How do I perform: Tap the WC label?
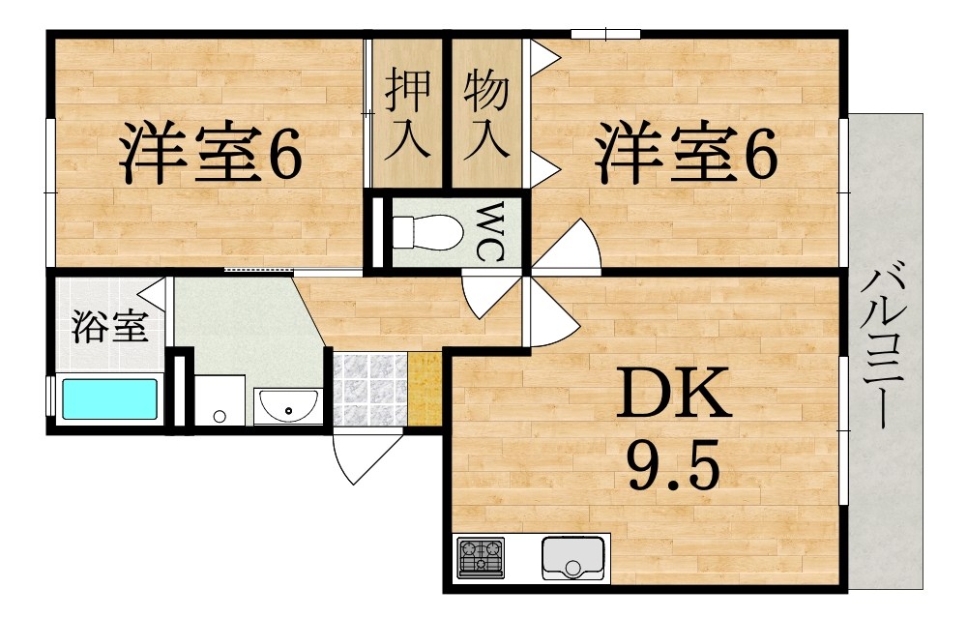pyautogui.click(x=489, y=232)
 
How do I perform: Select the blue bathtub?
pyautogui.click(x=109, y=398)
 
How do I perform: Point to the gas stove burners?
pyautogui.click(x=481, y=557)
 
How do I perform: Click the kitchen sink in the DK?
pyautogui.click(x=573, y=556)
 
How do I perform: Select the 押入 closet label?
pyautogui.click(x=405, y=114)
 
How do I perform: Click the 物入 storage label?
pyautogui.click(x=485, y=114)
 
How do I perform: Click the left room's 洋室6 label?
pyautogui.click(x=211, y=155)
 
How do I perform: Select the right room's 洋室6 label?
pyautogui.click(x=686, y=155)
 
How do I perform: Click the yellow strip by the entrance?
pyautogui.click(x=424, y=389)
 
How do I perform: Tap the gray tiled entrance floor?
pyautogui.click(x=369, y=389)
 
